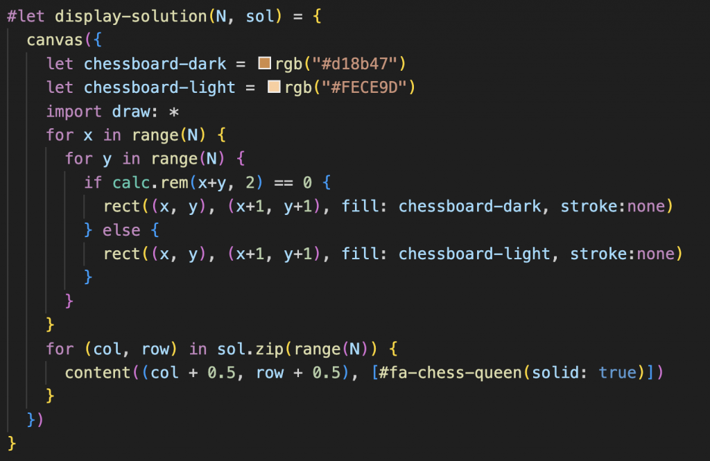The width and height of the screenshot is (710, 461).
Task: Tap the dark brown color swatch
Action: (x=263, y=64)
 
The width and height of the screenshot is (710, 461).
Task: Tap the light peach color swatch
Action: (x=273, y=87)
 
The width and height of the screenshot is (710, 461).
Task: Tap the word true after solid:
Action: (x=617, y=372)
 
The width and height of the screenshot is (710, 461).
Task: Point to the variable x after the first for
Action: (x=88, y=135)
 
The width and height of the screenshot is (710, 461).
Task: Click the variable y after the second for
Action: (x=107, y=159)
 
